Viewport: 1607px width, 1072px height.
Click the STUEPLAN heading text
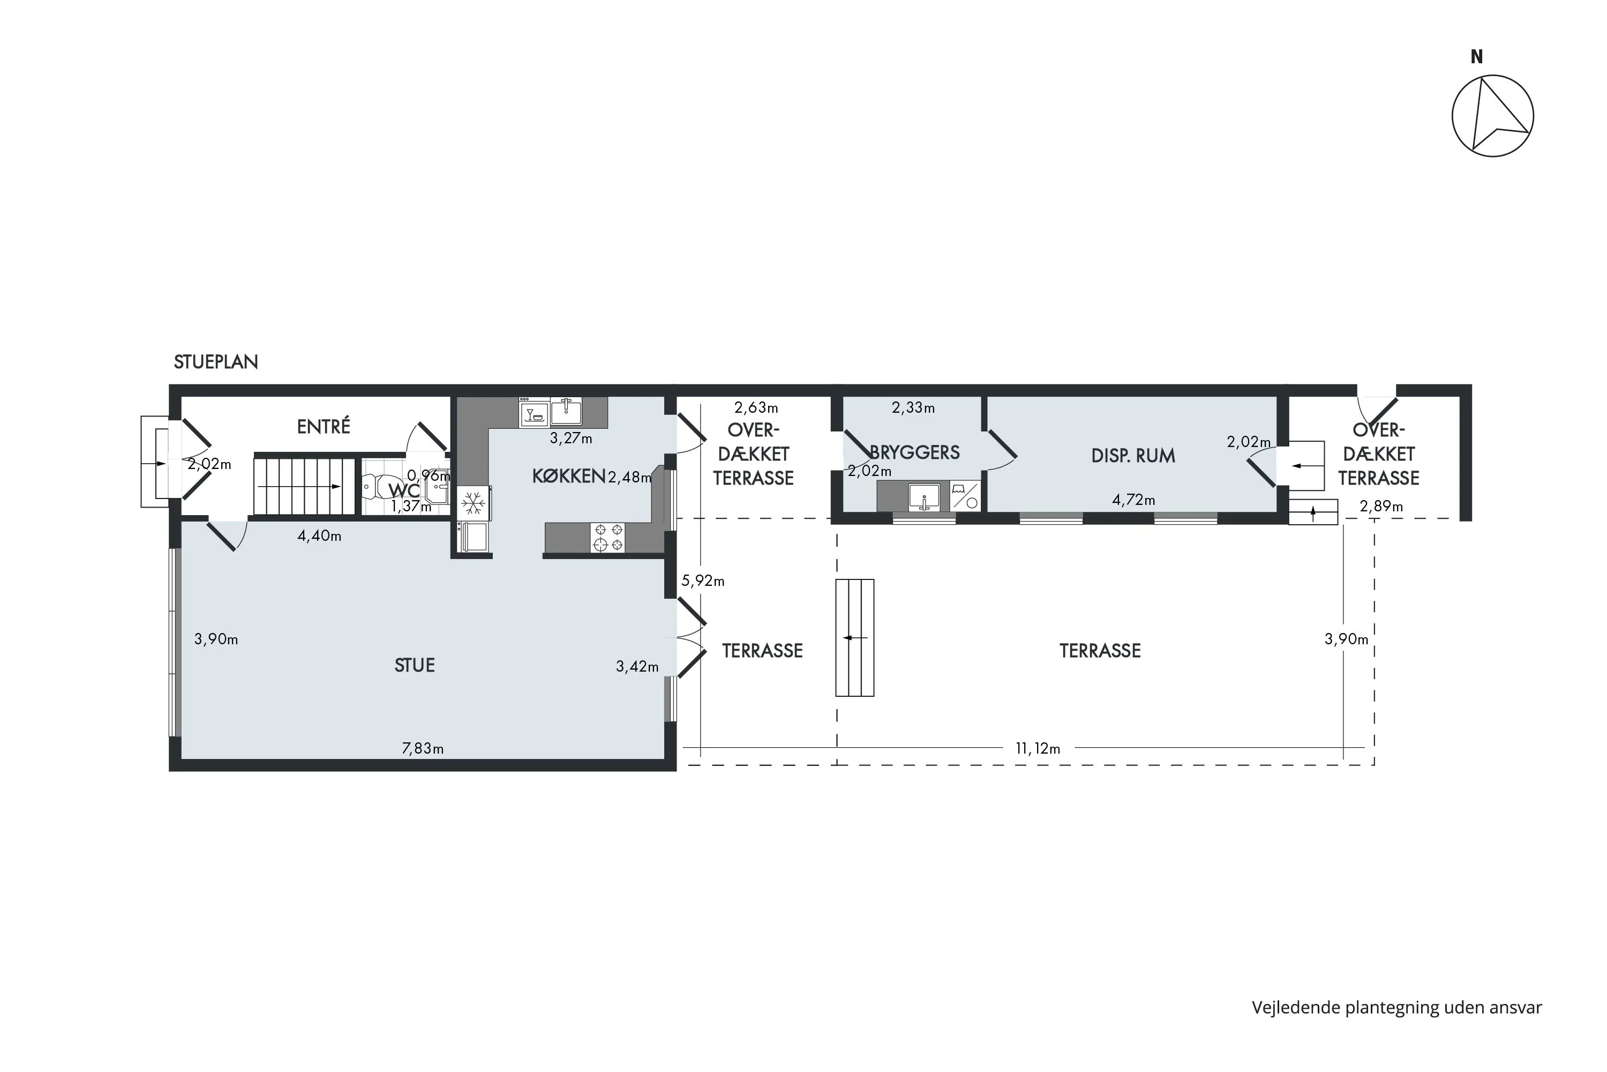(216, 362)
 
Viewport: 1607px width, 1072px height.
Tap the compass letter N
(1476, 57)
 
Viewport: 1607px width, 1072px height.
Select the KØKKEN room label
(568, 476)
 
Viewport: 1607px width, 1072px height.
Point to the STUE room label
(415, 665)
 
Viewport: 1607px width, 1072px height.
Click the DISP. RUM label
(1133, 456)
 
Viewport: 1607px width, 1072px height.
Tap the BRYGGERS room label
(915, 452)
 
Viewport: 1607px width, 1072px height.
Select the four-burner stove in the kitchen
(607, 538)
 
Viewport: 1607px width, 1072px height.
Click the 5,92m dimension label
(703, 580)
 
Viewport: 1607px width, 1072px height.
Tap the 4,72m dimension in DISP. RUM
(1133, 500)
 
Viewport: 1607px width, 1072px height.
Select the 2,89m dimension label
(1381, 506)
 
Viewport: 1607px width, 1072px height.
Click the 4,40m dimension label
(319, 536)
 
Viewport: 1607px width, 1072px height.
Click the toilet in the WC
(374, 487)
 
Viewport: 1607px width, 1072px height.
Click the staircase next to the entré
(305, 486)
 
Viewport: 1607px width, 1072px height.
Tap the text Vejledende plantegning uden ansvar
(1397, 1007)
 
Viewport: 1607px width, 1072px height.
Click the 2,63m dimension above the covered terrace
(756, 407)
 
